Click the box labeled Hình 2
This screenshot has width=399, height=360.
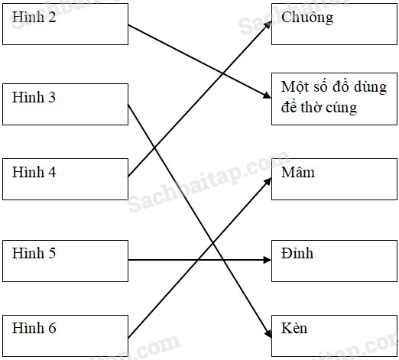point(65,24)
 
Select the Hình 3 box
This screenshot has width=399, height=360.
point(65,104)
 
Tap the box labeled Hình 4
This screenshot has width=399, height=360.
point(65,179)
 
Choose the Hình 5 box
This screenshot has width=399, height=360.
point(65,261)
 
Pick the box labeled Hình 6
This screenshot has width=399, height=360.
point(65,336)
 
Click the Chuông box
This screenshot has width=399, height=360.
point(334,24)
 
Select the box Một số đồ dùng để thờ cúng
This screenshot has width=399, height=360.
point(334,99)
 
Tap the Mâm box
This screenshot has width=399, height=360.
point(334,179)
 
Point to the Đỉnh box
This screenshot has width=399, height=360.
point(334,261)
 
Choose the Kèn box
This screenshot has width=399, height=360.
point(334,336)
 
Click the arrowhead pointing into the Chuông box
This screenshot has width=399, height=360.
point(268,24)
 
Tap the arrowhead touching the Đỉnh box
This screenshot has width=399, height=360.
point(268,260)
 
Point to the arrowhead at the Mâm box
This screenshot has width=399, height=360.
point(268,181)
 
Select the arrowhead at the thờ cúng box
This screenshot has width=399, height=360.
point(268,96)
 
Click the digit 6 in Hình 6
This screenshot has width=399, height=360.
point(52,328)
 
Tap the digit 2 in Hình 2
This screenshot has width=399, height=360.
point(52,17)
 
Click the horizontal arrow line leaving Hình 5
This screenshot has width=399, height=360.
point(199,260)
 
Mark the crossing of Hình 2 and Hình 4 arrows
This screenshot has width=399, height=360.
point(223,73)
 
